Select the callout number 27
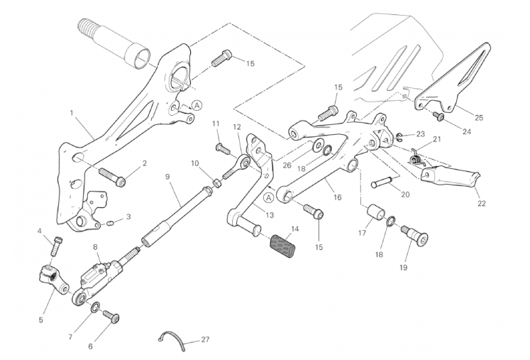[x=205, y=339]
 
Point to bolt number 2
[x=112, y=177]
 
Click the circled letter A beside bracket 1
[x=197, y=105]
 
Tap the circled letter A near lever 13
[x=269, y=197]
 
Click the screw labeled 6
[x=111, y=316]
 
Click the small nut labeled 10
[x=218, y=182]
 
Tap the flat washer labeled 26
[x=317, y=146]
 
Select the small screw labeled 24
[x=438, y=116]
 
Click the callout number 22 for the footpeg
[x=482, y=203]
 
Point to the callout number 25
[x=479, y=118]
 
